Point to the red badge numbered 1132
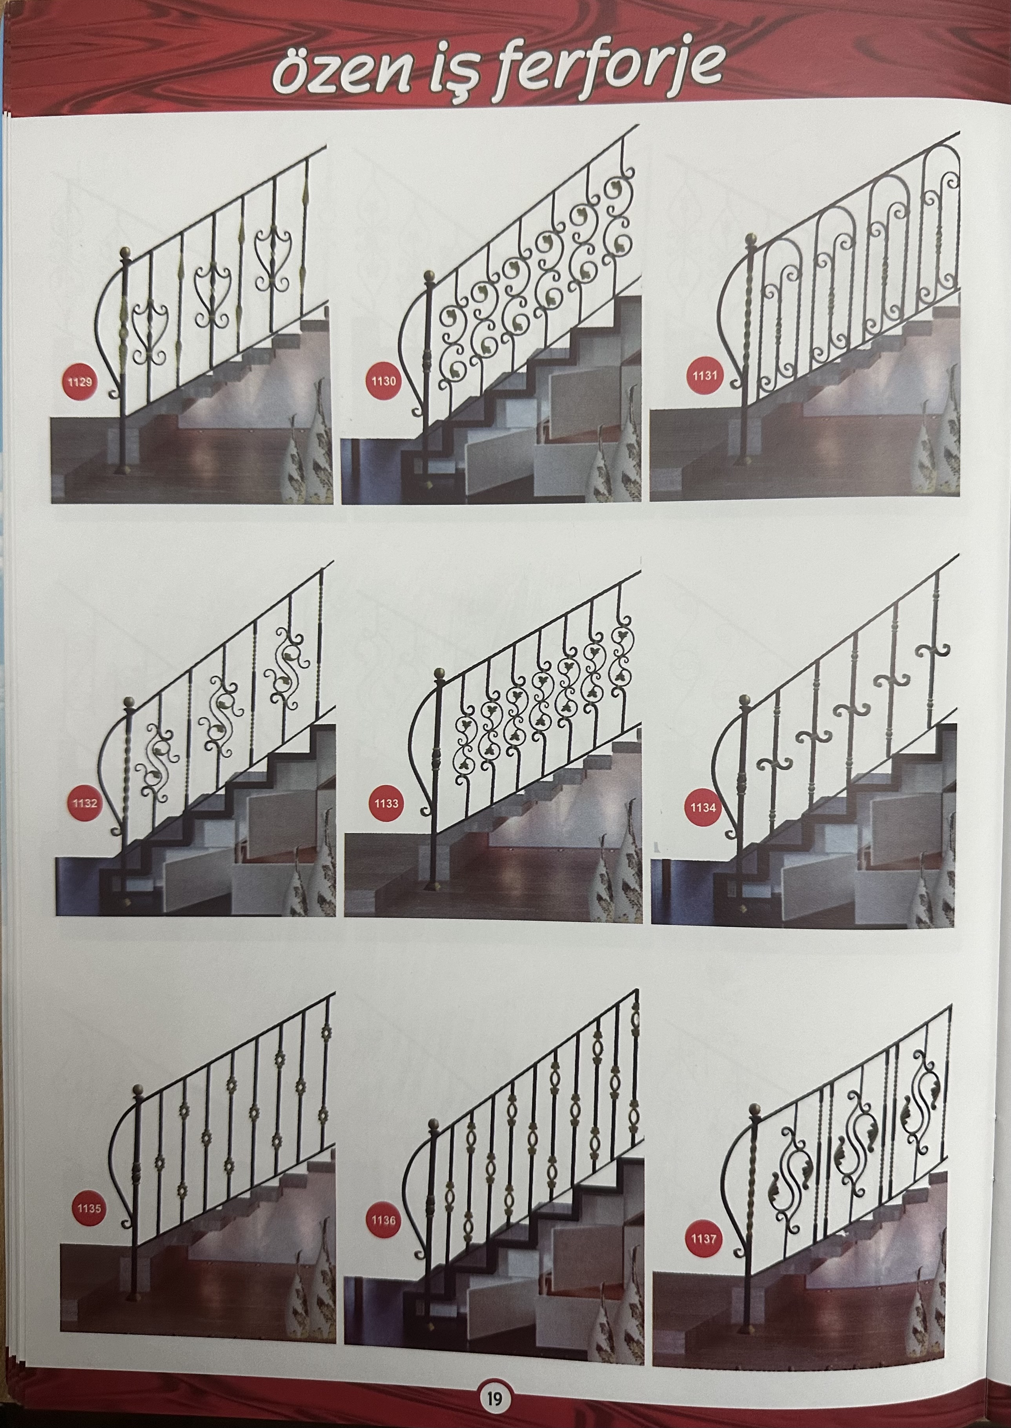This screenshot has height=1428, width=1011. click(84, 803)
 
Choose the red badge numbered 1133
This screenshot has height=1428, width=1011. click(386, 803)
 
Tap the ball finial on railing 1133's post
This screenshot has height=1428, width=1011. click(439, 673)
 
